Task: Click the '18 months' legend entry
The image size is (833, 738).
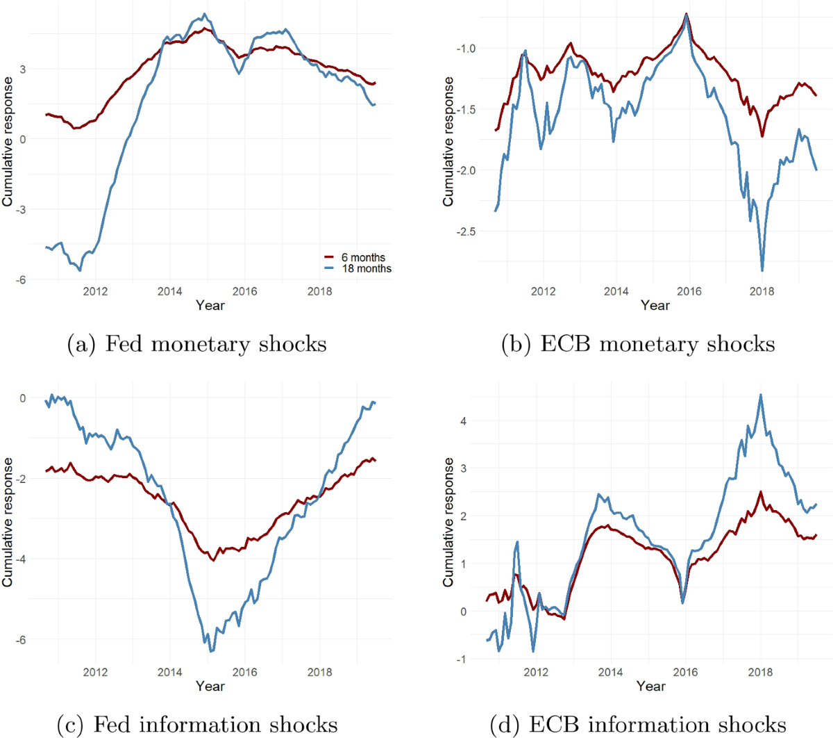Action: point(366,268)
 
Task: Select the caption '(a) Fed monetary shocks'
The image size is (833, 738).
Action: point(196,344)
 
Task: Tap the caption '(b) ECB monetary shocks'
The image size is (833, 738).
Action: point(638,344)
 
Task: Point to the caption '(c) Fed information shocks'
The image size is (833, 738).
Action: point(196,724)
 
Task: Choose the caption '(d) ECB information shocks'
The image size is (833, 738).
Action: point(638,724)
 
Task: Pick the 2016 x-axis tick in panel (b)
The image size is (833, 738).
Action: point(689,291)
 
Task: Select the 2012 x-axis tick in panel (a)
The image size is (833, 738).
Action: point(95,291)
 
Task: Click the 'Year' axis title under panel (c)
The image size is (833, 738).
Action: point(210,686)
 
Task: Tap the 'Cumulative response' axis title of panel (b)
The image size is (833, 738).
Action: point(448,141)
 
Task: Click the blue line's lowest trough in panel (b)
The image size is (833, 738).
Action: point(762,270)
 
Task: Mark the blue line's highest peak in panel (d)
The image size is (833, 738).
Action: point(761,395)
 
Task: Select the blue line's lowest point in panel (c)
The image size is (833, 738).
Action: point(210,651)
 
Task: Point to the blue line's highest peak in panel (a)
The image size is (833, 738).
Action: point(203,14)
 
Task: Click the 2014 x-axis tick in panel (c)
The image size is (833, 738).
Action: point(169,672)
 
